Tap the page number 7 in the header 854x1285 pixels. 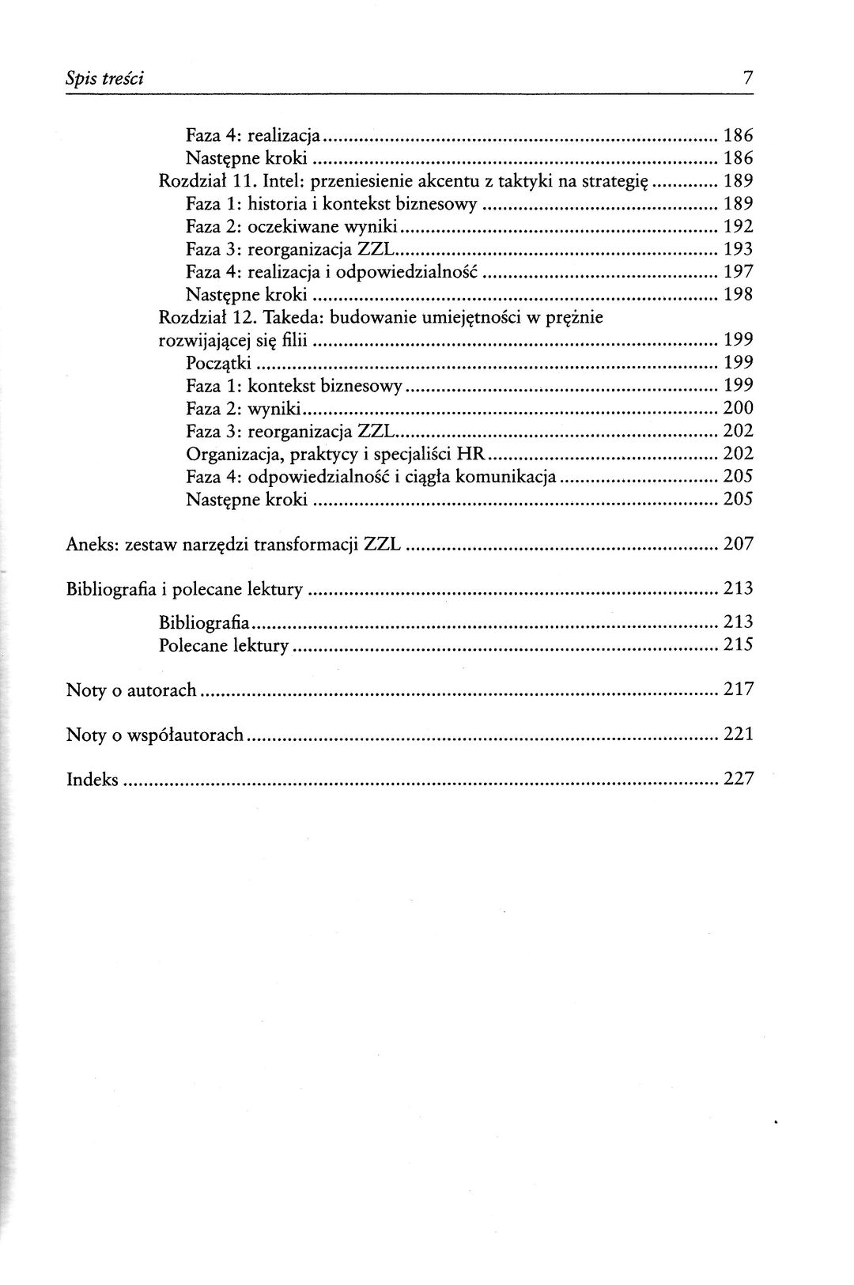[747, 78]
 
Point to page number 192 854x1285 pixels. [738, 226]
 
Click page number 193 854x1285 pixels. [738, 249]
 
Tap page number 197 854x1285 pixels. [738, 271]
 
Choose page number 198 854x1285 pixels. [738, 294]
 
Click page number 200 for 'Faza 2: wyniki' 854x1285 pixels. [738, 408]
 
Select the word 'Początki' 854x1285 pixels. [219, 363]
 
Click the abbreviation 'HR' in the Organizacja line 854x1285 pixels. [470, 454]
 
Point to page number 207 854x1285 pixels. [738, 544]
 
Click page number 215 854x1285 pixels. [738, 644]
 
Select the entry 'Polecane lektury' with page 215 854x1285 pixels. [224, 644]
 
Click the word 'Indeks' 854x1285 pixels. [92, 780]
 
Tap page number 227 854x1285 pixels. [738, 780]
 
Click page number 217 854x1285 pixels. [738, 690]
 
